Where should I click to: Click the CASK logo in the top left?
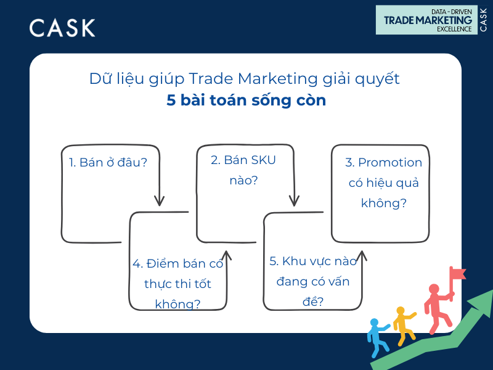(62, 28)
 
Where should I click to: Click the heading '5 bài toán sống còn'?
(246, 101)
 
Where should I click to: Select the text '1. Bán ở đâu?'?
(108, 162)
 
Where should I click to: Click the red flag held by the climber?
(457, 273)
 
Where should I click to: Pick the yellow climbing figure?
(404, 324)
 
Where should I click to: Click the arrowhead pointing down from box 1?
(159, 200)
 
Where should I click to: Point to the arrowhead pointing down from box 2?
(295, 200)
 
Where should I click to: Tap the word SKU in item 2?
(261, 160)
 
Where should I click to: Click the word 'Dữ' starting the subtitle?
(100, 79)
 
